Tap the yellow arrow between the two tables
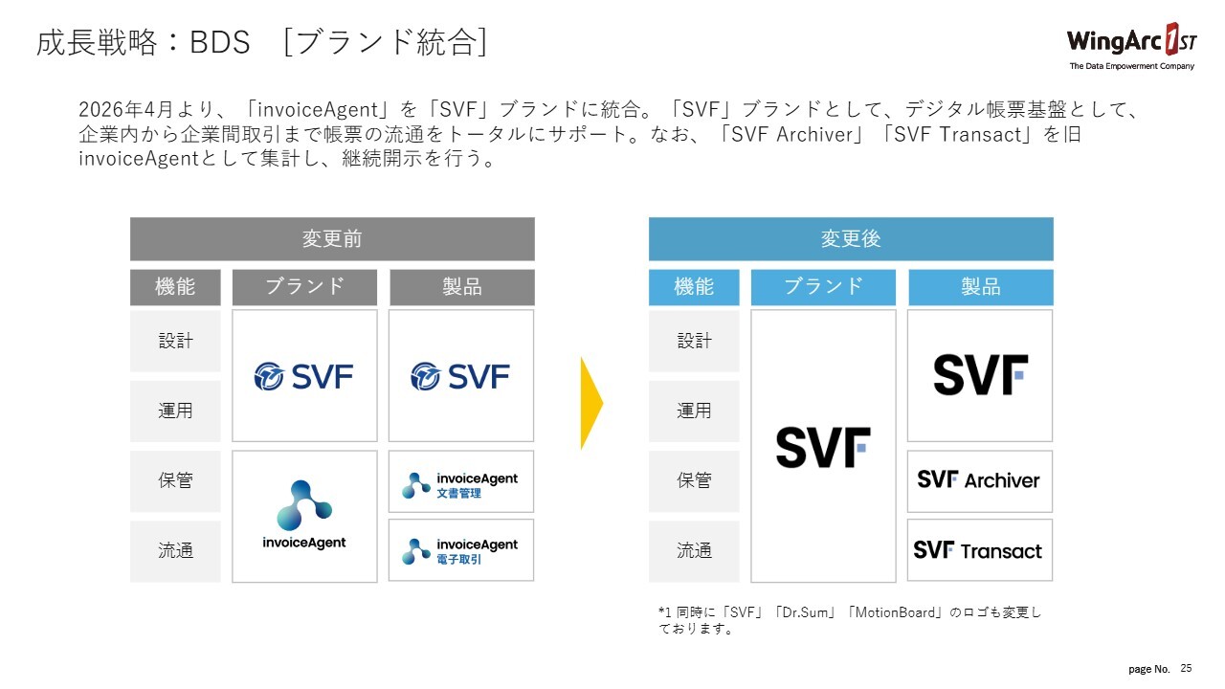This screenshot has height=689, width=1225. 590,403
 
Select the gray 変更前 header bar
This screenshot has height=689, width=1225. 332,239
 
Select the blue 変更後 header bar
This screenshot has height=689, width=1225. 851,239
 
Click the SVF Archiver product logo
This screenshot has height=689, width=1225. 979,480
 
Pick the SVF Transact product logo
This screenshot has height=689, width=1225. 979,550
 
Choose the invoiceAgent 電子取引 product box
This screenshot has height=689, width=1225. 461,550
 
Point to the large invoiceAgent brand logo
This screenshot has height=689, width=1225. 304,515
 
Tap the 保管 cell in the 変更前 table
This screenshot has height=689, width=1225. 175,480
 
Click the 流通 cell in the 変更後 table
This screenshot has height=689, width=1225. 694,551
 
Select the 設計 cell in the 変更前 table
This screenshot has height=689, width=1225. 175,341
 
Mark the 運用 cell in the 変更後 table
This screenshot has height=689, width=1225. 694,411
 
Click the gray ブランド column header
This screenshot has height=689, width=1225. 304,287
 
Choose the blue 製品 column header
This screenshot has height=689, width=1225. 980,287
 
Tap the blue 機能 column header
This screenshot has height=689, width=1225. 694,287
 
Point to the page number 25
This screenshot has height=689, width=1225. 1187,668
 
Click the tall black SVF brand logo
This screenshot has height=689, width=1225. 823,447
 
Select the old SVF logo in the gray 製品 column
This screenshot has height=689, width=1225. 461,376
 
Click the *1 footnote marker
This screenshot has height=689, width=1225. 665,612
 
